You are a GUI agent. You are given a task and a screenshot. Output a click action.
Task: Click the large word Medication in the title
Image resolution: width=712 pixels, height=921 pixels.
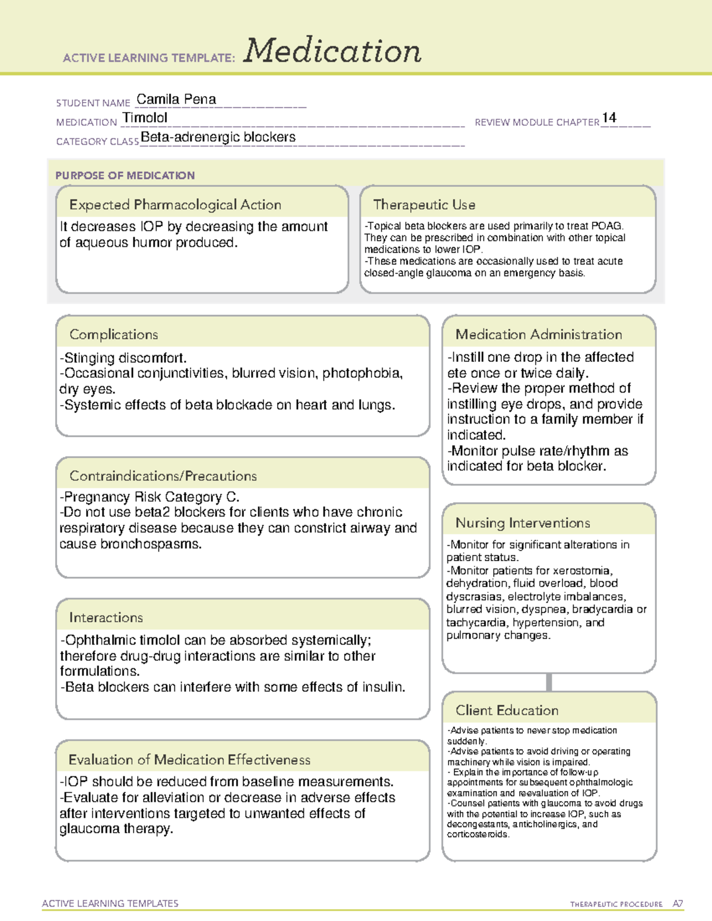[332, 51]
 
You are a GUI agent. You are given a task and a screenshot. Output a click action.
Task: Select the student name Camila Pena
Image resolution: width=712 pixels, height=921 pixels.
[176, 99]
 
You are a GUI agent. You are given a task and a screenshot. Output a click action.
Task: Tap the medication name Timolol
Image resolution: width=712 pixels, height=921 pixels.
[145, 117]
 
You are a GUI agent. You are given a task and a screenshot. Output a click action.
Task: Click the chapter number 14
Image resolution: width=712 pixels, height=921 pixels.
[609, 117]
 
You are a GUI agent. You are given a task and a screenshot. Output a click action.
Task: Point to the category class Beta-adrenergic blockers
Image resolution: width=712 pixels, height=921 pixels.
[218, 137]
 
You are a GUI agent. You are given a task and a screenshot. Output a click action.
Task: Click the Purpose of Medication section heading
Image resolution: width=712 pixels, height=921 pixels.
[125, 176]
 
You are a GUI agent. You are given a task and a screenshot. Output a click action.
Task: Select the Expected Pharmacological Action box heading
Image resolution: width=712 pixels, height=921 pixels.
[175, 205]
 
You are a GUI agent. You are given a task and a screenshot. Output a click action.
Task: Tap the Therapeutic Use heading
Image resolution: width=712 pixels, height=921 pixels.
[424, 205]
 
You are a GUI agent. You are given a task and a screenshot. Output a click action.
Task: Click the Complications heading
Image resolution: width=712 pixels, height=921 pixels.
[113, 334]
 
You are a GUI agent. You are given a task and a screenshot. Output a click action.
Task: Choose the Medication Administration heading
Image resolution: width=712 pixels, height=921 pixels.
[538, 334]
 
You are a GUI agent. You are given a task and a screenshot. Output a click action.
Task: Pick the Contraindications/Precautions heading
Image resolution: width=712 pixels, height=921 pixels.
[163, 476]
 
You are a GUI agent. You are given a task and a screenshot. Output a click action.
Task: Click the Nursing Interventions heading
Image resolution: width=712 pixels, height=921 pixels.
[522, 522]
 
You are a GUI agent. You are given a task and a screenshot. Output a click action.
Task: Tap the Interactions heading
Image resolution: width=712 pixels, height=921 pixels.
[106, 617]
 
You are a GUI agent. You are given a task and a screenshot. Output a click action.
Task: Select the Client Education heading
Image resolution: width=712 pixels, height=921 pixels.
[507, 710]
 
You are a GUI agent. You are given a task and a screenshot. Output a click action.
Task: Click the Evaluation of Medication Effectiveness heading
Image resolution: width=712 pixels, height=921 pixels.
[189, 760]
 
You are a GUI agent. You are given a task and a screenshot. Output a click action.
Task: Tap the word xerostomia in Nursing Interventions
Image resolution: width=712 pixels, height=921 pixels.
[581, 571]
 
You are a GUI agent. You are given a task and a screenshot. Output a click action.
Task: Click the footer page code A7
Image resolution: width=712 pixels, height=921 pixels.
[678, 904]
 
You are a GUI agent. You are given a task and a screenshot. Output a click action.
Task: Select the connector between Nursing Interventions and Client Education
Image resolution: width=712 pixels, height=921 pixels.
[549, 682]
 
